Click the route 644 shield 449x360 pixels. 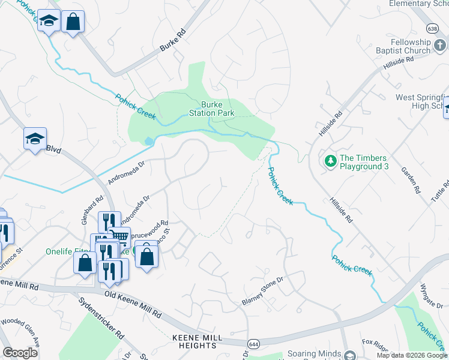click(253, 344)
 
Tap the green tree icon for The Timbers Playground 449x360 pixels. click(330, 161)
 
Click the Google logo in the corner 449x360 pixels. click(20, 352)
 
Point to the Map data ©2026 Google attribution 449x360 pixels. click(412, 355)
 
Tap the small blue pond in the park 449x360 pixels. click(148, 141)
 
